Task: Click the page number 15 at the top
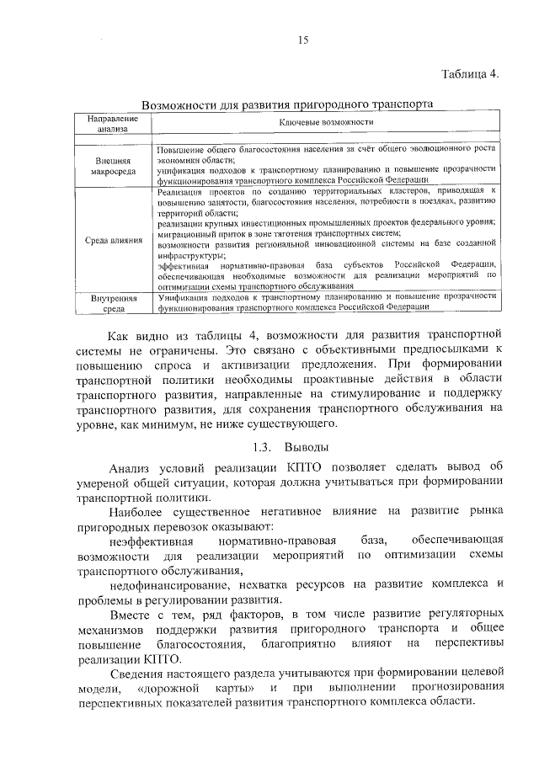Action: (303, 39)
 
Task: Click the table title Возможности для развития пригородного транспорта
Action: (288, 105)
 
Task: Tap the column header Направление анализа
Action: (109, 124)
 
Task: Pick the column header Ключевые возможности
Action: (326, 123)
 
